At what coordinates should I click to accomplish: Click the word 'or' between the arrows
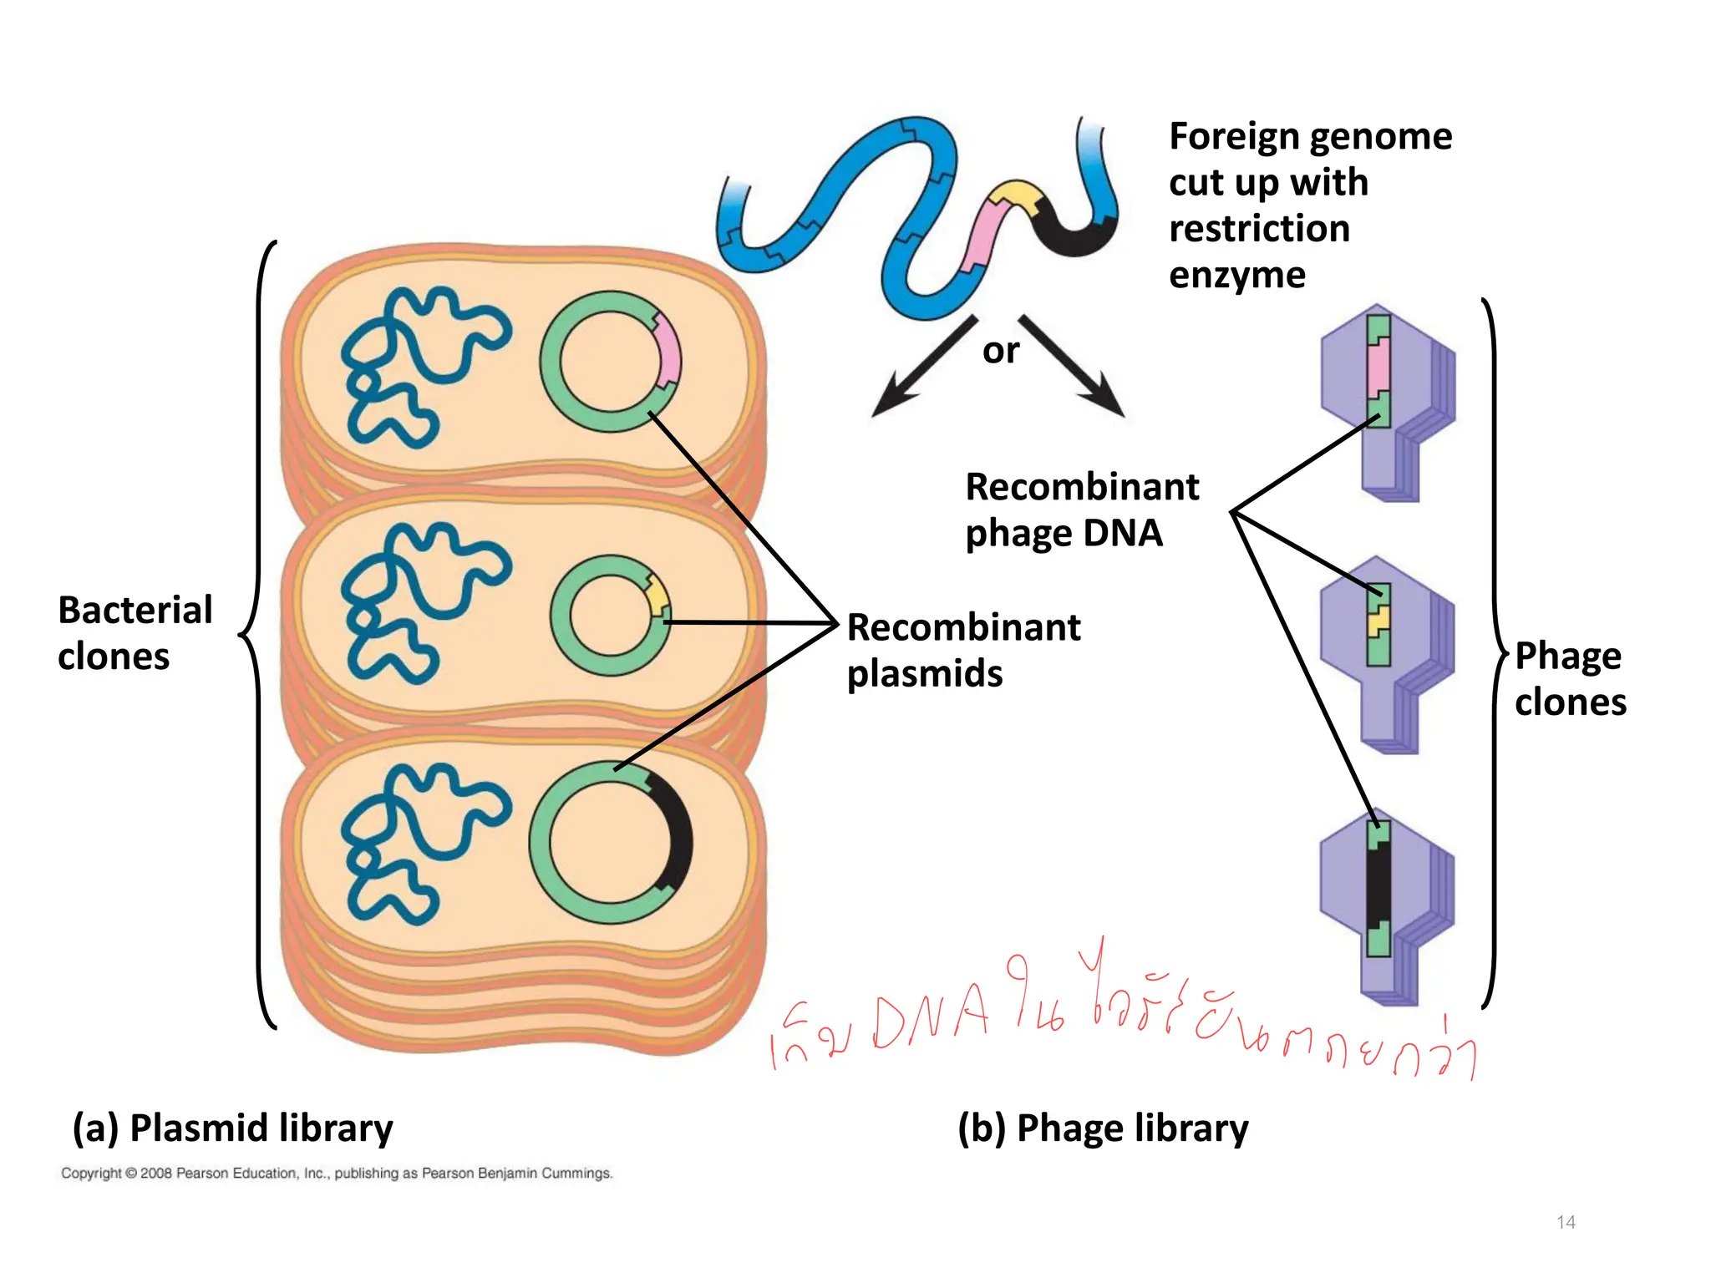click(x=1000, y=351)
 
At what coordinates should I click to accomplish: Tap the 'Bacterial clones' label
click(x=135, y=633)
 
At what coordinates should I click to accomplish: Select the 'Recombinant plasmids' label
click(x=963, y=650)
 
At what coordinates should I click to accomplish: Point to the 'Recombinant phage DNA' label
click(x=1081, y=510)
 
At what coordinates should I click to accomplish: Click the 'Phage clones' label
click(x=1570, y=678)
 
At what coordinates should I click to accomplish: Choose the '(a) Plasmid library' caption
click(x=232, y=1128)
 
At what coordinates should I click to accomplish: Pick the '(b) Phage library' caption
click(x=1103, y=1128)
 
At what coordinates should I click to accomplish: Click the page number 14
click(x=1566, y=1222)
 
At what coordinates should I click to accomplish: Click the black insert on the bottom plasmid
click(x=675, y=835)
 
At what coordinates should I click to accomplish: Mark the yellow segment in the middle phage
click(x=1378, y=621)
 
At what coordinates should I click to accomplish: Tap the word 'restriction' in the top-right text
click(x=1259, y=229)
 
